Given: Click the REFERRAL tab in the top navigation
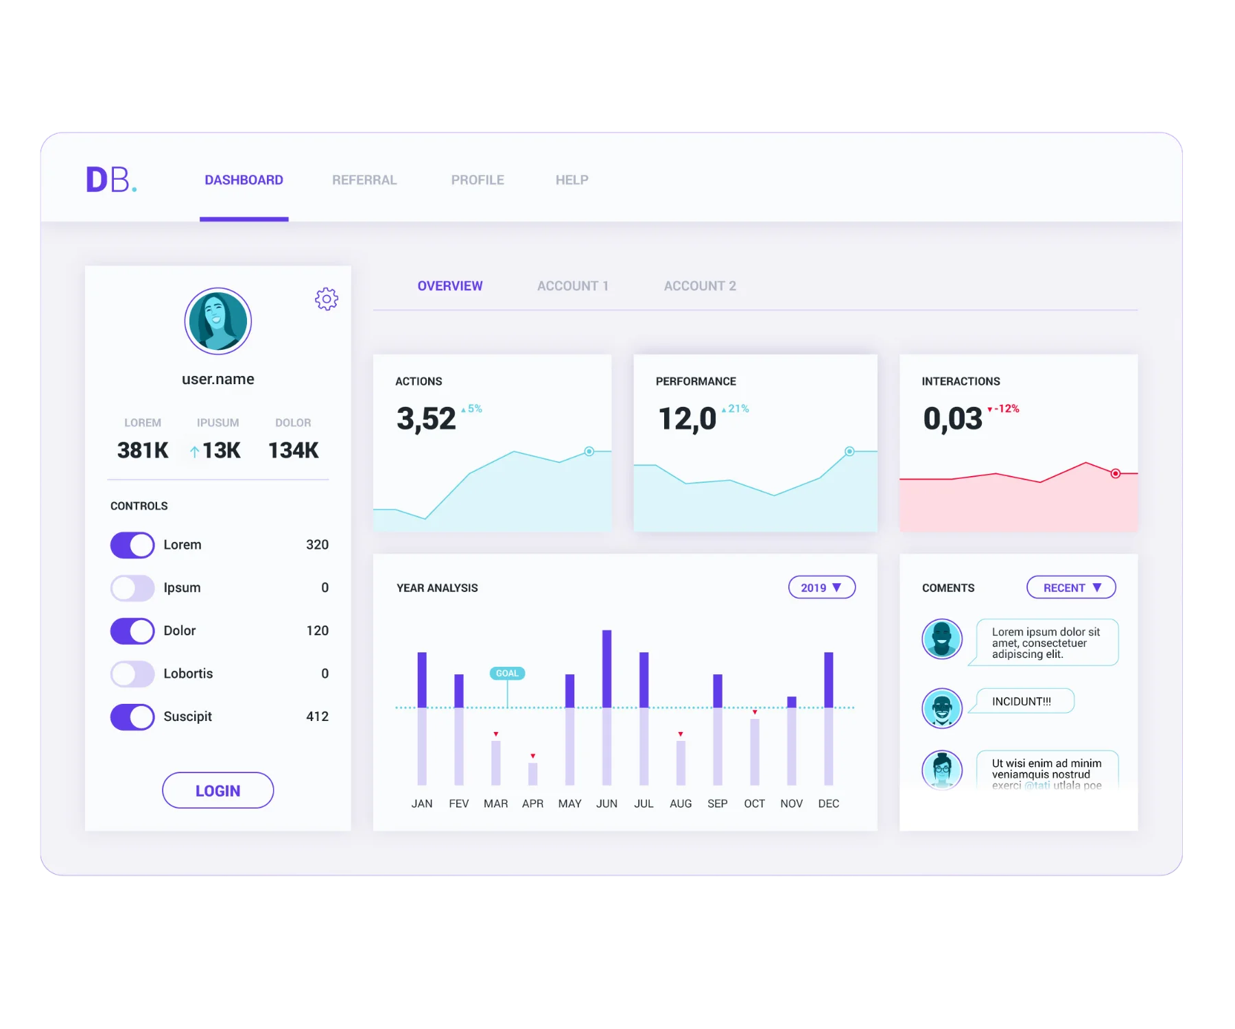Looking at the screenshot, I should (x=364, y=180).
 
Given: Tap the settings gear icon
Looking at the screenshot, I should (x=327, y=299).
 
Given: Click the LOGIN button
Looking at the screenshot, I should (x=218, y=790).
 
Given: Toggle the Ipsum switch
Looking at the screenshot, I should (x=132, y=588).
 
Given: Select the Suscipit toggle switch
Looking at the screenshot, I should (x=132, y=717).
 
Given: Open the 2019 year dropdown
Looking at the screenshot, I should (x=821, y=588).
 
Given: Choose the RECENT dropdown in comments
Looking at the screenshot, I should (x=1071, y=588).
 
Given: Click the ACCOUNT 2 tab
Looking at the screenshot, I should (x=699, y=286).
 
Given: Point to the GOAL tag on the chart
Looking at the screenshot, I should (x=507, y=674).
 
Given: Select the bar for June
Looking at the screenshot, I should (x=607, y=707).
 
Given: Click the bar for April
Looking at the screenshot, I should (x=532, y=774).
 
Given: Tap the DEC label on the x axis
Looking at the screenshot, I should (x=828, y=803).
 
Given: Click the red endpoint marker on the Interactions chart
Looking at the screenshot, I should (x=1116, y=473).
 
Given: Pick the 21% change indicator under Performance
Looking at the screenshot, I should (x=736, y=409).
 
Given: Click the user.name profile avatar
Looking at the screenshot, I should (x=218, y=321).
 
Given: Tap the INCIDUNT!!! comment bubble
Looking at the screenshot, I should (x=1022, y=701).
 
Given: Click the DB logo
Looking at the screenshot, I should (x=110, y=180).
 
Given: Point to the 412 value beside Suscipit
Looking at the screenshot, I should (x=317, y=717).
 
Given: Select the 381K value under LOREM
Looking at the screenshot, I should (x=143, y=450).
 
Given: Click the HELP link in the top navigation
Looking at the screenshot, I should (x=572, y=180).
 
